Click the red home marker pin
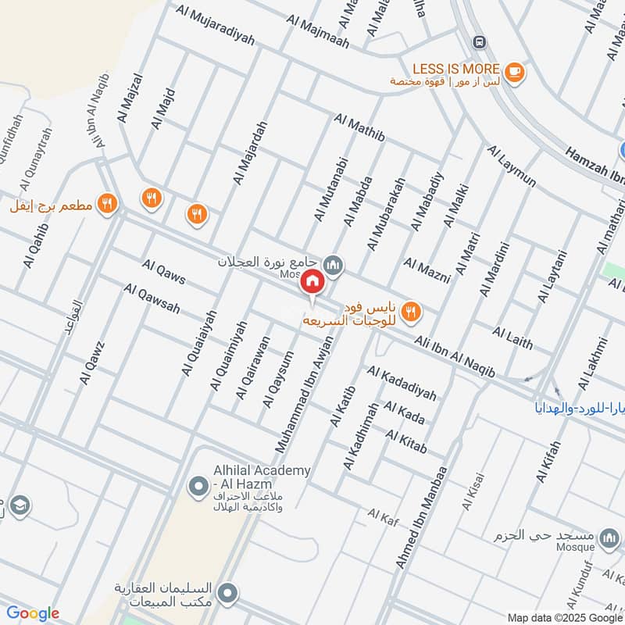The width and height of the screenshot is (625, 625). click(312, 282)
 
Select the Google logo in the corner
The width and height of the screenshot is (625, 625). click(32, 613)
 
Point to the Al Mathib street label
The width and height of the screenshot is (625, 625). click(359, 128)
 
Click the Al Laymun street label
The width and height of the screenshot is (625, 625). click(512, 166)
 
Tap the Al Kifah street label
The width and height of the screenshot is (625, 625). click(548, 462)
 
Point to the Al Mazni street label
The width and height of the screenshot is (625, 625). click(427, 270)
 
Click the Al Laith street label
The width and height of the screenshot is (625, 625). click(512, 337)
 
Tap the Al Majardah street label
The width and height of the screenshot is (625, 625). click(250, 152)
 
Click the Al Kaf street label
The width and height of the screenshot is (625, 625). click(384, 514)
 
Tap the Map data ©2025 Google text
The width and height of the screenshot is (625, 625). click(572, 615)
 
